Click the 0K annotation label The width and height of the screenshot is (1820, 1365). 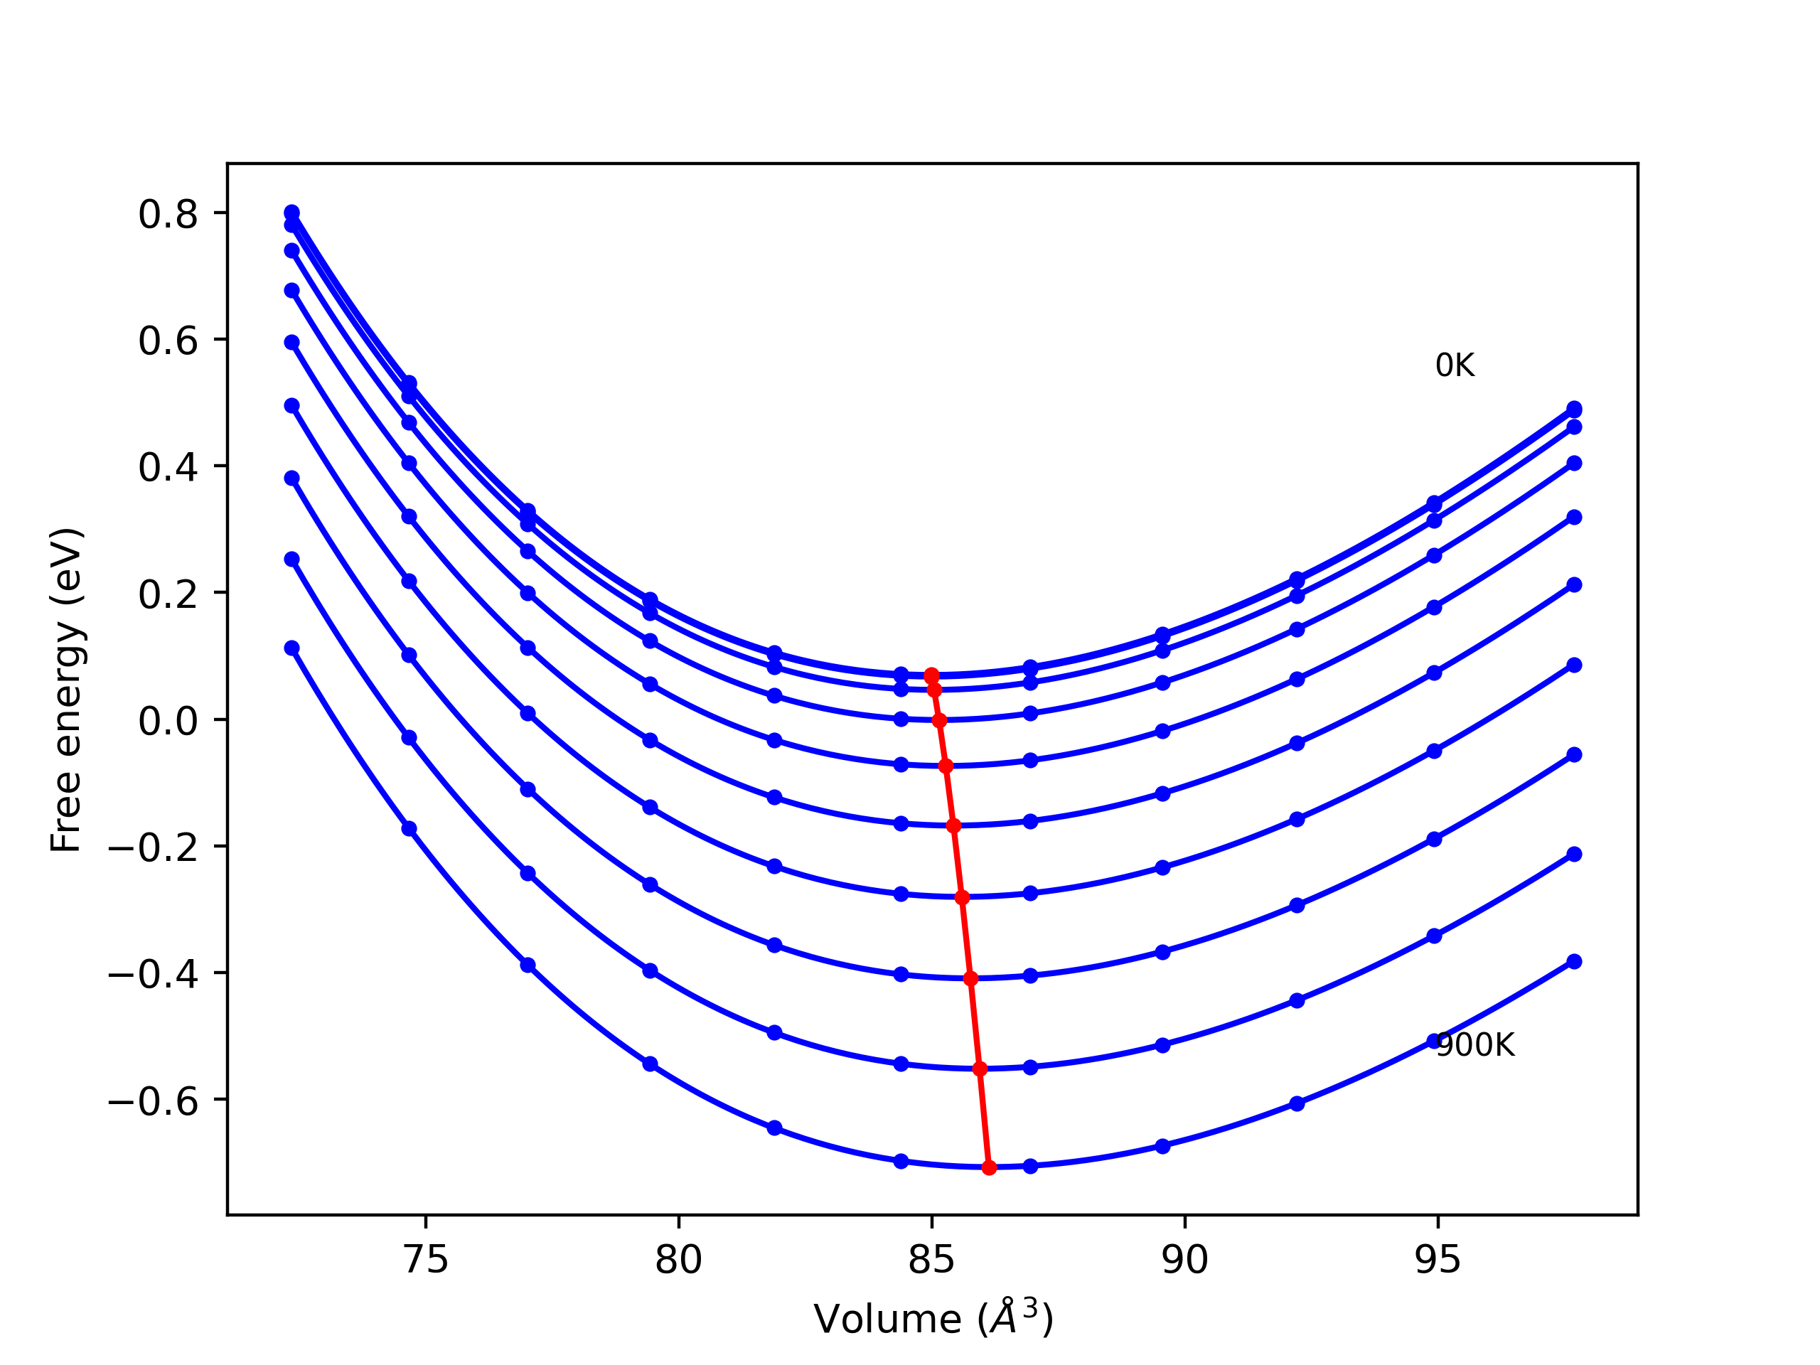1455,365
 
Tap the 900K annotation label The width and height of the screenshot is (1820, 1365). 1474,1045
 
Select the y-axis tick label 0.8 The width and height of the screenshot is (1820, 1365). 168,214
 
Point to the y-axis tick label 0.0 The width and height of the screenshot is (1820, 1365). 168,721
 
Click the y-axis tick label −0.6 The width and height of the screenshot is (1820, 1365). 154,1101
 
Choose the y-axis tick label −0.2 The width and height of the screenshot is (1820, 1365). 154,847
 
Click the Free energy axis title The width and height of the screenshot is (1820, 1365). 66,690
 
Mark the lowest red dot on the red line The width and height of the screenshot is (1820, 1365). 989,1167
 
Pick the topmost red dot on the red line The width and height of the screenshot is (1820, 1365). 931,675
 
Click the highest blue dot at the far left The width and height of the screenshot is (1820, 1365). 291,213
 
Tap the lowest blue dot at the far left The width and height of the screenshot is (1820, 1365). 291,648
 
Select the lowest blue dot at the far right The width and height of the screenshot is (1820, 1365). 1574,962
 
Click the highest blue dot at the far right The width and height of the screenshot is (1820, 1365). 1574,408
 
